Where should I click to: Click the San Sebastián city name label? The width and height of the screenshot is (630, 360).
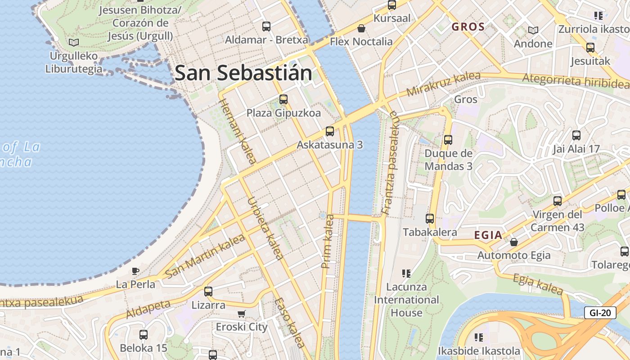(243, 73)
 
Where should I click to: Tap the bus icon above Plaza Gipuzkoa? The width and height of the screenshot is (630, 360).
(283, 99)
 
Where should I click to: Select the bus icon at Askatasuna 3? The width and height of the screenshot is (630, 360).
(330, 131)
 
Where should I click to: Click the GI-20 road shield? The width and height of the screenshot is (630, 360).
(600, 313)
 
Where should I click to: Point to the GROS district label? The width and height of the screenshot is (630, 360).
(468, 27)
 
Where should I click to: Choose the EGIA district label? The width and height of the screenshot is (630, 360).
(488, 235)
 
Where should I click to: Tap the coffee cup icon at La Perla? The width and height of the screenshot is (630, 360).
(135, 271)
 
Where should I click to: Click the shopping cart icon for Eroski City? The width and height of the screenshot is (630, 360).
(242, 314)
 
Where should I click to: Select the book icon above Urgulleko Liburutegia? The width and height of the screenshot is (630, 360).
(74, 43)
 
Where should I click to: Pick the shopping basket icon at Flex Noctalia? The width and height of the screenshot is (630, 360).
(361, 29)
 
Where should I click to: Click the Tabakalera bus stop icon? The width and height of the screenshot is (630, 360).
(430, 219)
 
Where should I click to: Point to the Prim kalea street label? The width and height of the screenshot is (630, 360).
(328, 242)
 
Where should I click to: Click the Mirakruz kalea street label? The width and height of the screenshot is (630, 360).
(443, 84)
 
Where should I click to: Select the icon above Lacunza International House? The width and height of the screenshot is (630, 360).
(406, 273)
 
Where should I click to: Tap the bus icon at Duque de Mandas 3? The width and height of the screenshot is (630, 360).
(448, 140)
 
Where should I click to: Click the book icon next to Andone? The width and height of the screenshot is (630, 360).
(533, 30)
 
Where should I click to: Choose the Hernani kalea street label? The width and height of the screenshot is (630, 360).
(237, 131)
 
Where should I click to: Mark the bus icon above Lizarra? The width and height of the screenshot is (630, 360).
(208, 291)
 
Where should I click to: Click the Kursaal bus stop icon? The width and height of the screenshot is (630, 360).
(392, 5)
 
